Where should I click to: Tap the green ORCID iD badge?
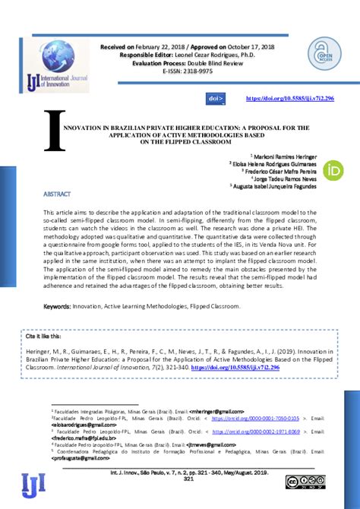tap(332, 171)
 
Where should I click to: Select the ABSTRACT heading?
tap(57, 194)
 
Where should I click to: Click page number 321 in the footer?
tap(190, 479)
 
